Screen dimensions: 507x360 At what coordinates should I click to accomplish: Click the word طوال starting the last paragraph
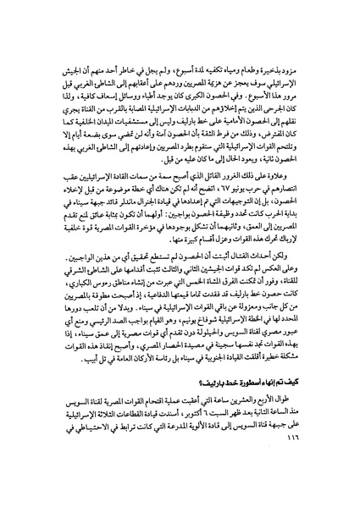click(x=306, y=419)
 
